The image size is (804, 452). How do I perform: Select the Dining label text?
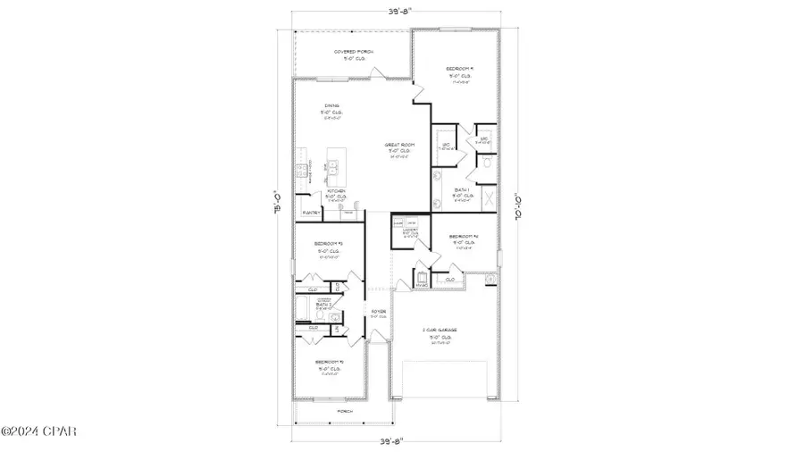click(332, 105)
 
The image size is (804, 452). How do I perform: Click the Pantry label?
click(312, 213)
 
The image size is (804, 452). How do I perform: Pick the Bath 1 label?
click(462, 190)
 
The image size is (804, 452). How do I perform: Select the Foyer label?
click(379, 311)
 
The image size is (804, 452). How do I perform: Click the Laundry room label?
click(411, 232)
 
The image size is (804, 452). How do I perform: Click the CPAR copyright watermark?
click(39, 432)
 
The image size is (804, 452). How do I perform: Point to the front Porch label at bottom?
click(343, 411)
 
